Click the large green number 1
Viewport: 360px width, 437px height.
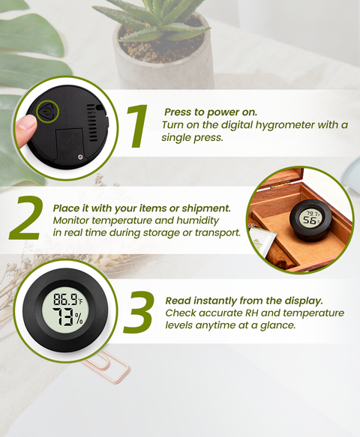(x=137, y=126)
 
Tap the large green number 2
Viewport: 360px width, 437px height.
(x=25, y=218)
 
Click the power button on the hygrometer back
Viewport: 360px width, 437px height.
(x=48, y=111)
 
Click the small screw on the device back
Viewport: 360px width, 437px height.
(x=80, y=157)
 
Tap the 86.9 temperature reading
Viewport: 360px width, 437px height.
(x=65, y=299)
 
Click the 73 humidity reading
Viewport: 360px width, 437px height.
(x=63, y=316)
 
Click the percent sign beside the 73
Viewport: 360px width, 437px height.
(x=79, y=319)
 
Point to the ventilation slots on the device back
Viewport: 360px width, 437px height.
(x=91, y=123)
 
